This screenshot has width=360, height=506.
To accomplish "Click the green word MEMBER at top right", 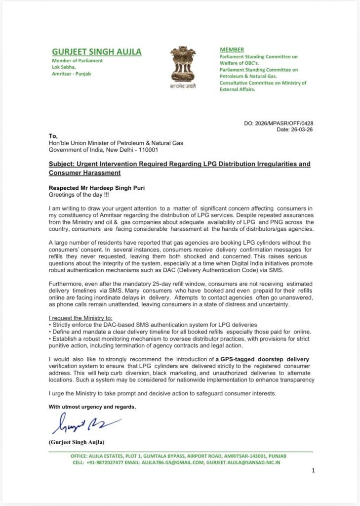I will click(x=232, y=49).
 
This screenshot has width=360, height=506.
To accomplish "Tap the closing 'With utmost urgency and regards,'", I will click(x=92, y=407).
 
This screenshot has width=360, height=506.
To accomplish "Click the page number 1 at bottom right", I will click(x=313, y=471).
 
